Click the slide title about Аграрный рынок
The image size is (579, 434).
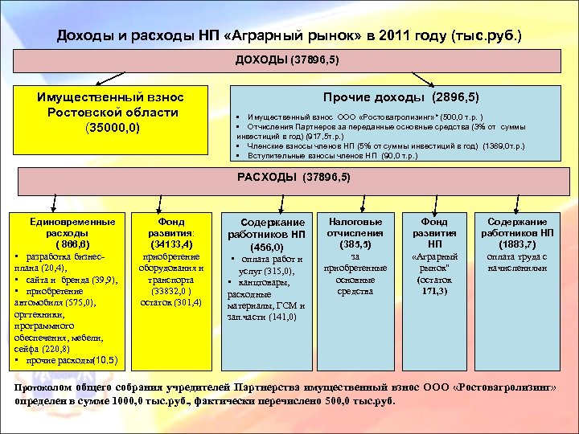pos(289,36)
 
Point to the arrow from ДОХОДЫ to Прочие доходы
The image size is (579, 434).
pos(422,77)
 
